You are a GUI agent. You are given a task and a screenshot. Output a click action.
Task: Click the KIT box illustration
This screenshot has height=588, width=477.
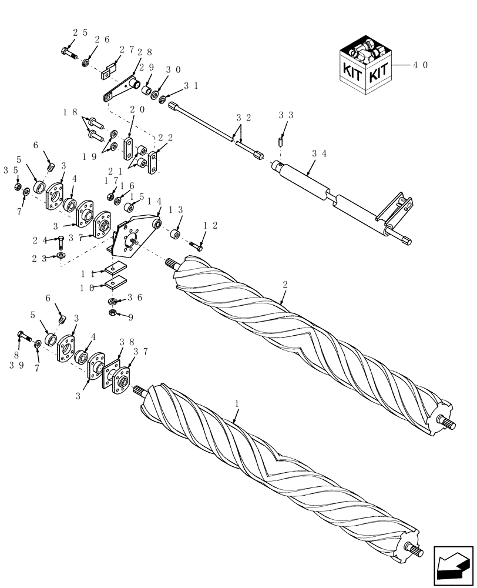pos(364,66)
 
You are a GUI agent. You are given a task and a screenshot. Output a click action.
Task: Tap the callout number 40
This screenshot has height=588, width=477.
pos(420,65)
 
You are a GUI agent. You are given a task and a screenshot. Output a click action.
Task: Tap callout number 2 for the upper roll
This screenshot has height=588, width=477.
pos(284,285)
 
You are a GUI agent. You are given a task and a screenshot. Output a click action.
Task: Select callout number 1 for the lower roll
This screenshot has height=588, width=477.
pos(237,404)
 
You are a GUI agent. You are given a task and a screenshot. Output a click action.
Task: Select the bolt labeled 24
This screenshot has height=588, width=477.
pos(61,240)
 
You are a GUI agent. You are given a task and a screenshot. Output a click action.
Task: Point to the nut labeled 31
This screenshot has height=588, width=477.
pos(163,98)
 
